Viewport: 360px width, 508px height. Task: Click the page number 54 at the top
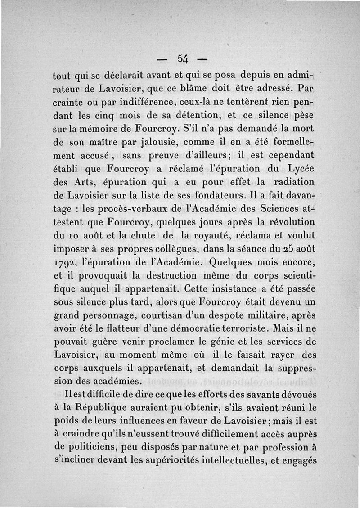coord(183,58)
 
